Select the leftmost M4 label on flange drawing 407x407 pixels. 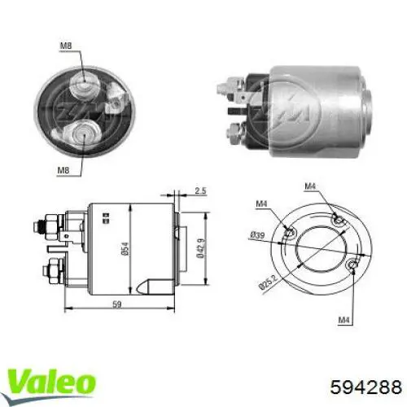click(260, 203)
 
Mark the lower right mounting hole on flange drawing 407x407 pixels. click(351, 266)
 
